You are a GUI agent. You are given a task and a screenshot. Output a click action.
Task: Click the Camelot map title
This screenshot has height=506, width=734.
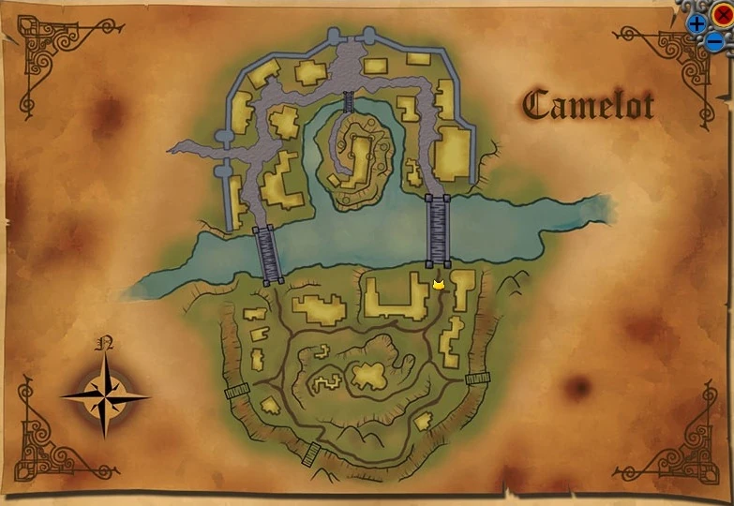coord(588,104)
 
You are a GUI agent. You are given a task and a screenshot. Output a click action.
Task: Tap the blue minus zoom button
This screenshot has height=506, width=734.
coord(713,42)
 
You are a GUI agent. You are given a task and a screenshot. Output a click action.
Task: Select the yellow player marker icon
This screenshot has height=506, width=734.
coord(438,284)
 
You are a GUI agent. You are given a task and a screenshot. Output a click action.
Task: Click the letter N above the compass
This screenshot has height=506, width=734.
coord(105,344)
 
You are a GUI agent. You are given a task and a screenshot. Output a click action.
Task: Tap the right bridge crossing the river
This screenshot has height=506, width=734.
coord(438,231)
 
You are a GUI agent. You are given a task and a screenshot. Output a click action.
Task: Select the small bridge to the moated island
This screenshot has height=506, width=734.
coord(349,102)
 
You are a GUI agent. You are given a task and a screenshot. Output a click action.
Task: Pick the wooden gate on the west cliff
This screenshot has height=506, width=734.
coord(236,391)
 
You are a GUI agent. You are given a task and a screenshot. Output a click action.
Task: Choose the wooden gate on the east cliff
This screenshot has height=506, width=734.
coord(477,379)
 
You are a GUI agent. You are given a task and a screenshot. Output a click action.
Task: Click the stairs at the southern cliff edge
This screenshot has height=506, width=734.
coord(312,454)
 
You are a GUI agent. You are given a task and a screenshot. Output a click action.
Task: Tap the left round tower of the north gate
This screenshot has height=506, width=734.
coord(333,37)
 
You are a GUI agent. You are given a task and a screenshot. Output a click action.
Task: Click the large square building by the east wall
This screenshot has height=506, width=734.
coord(452,153)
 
